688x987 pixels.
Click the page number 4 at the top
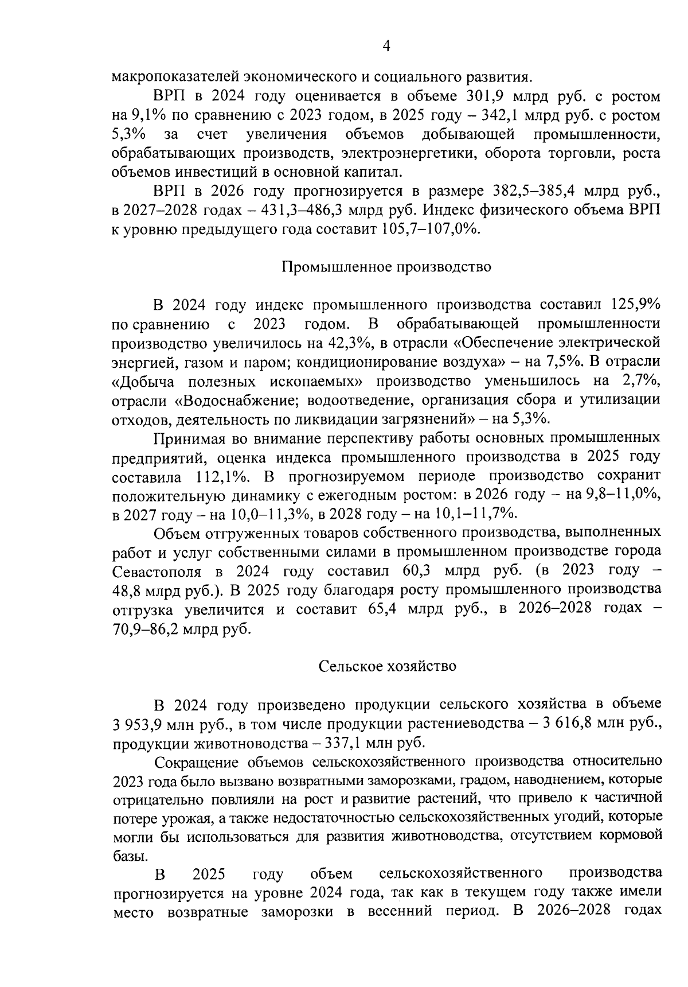pos(386,46)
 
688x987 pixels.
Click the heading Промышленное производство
pos(387,267)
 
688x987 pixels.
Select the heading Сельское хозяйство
pos(387,666)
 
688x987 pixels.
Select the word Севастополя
pos(157,572)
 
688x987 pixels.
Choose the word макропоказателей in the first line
pos(173,76)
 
